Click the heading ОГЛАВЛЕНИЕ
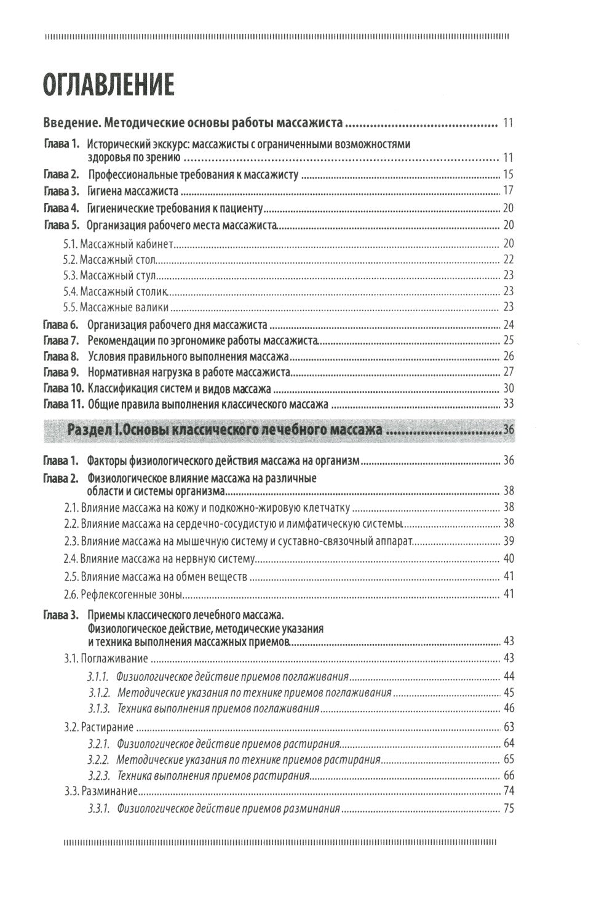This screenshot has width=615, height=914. (108, 84)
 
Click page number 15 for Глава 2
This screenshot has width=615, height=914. (507, 174)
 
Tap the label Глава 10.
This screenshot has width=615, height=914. (63, 388)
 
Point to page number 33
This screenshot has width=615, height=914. (507, 404)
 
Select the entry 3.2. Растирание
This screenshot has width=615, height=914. (99, 726)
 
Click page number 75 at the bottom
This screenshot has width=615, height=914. (508, 808)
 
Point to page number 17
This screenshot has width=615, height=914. (507, 191)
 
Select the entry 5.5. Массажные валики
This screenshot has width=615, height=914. (116, 307)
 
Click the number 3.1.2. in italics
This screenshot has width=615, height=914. (98, 692)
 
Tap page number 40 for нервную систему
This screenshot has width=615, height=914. (508, 558)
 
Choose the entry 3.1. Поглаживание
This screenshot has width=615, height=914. (106, 659)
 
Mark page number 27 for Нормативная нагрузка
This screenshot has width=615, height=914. (508, 372)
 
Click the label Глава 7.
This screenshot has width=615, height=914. (61, 340)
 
